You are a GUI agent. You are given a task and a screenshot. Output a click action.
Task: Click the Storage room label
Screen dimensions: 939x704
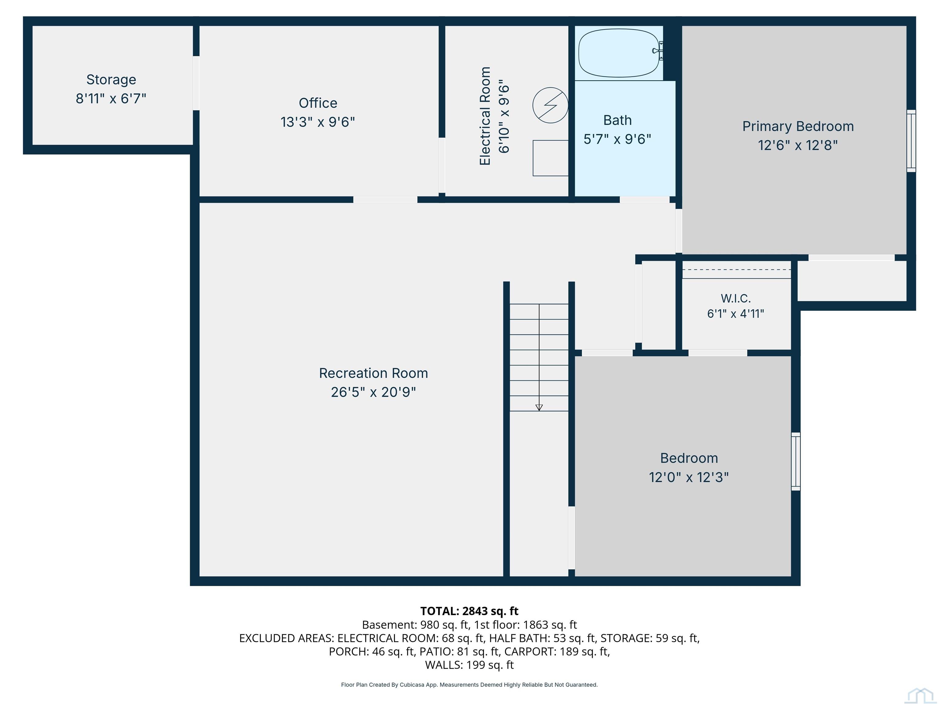click(x=111, y=80)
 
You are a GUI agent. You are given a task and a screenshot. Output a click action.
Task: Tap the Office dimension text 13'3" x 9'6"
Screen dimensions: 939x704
click(x=318, y=122)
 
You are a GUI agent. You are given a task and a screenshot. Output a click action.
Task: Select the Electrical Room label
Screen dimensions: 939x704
click(x=485, y=116)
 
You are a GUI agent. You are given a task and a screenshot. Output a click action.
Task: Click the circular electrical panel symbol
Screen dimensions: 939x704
click(x=550, y=105)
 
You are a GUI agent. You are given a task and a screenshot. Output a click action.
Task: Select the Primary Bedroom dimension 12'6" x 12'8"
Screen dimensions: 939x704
click(x=798, y=145)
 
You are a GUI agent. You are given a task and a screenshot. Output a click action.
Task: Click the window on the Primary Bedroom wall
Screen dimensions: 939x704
click(x=911, y=141)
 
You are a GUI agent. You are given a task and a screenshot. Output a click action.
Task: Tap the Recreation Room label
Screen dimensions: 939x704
click(x=374, y=373)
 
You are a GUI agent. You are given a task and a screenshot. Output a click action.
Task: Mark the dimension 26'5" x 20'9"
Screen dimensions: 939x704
click(x=374, y=392)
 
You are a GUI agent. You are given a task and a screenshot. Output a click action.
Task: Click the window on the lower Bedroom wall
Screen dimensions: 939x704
click(x=796, y=461)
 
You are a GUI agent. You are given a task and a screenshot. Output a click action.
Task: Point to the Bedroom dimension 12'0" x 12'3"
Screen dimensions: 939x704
click(x=689, y=477)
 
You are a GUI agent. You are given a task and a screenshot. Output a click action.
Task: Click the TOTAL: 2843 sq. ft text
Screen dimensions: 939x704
click(x=469, y=611)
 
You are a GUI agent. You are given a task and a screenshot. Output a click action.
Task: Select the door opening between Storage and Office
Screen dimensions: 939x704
click(x=196, y=83)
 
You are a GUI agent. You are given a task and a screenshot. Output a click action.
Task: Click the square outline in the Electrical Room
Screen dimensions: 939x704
click(x=551, y=158)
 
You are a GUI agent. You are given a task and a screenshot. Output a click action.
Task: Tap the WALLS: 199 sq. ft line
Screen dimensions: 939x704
click(x=469, y=665)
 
